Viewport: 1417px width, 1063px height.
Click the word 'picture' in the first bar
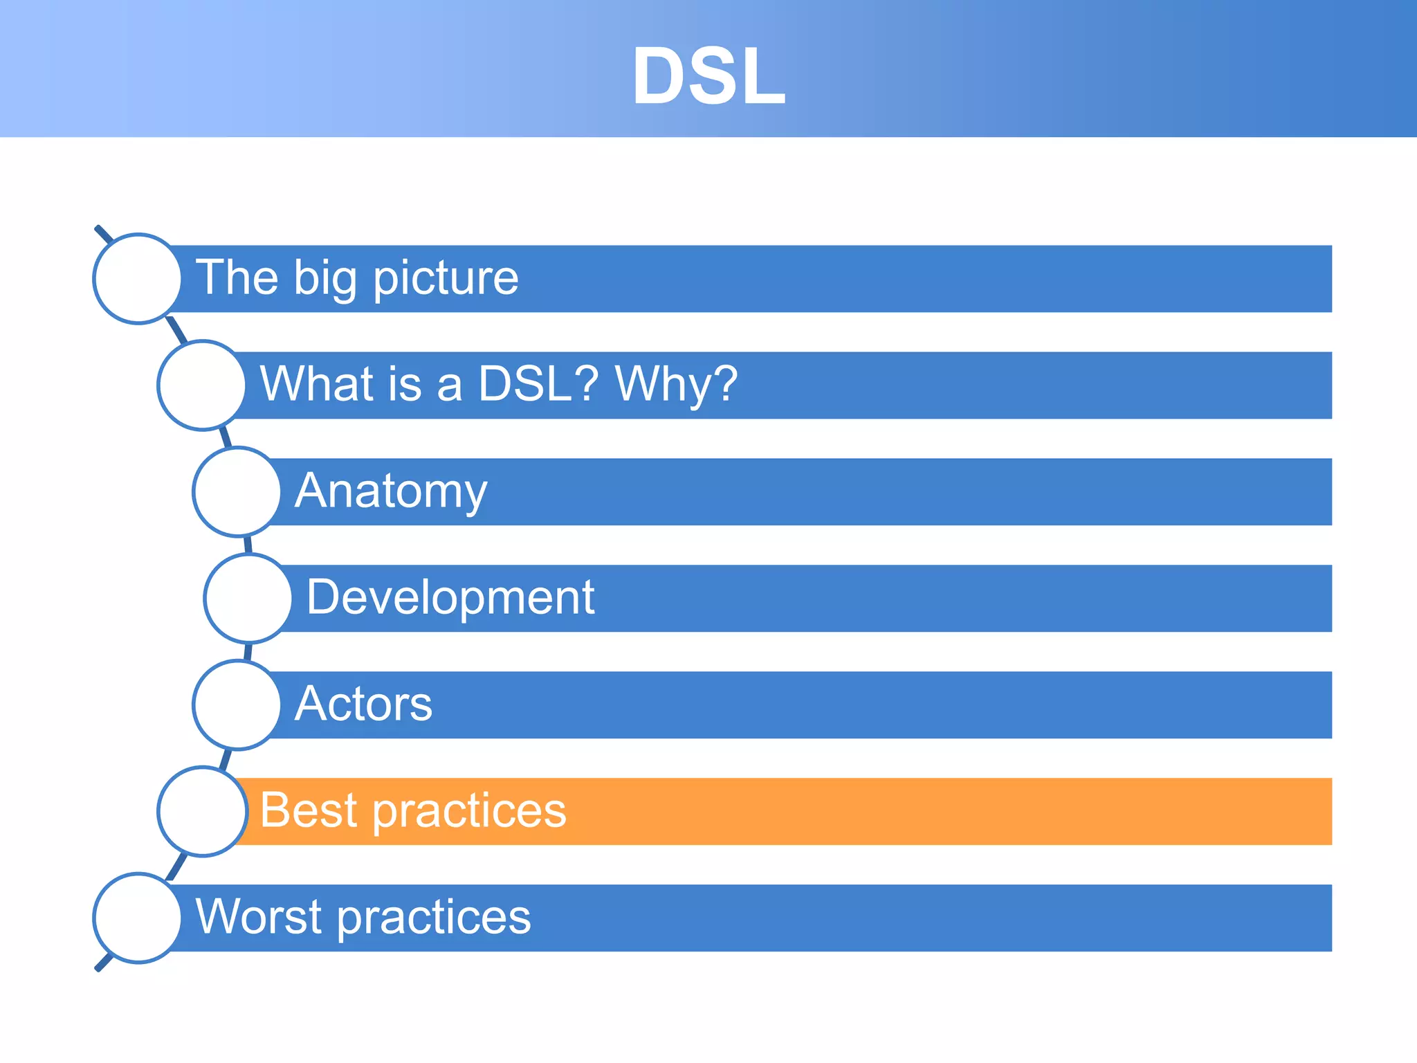coord(446,279)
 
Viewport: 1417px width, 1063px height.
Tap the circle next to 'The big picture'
coord(138,278)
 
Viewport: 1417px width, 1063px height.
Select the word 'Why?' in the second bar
coord(676,385)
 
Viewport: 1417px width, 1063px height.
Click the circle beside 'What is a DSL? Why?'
coord(201,385)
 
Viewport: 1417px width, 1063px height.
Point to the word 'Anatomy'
coord(391,491)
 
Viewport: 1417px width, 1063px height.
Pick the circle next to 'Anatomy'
coord(237,491)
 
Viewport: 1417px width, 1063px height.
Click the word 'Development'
coord(450,597)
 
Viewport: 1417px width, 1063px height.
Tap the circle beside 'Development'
coord(248,598)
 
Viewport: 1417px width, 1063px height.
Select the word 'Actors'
coord(363,704)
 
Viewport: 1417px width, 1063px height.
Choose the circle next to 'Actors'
coord(237,705)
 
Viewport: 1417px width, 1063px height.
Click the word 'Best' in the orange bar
coord(308,810)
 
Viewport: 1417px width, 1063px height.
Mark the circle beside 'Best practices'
coord(201,811)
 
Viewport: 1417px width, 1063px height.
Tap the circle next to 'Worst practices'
coord(138,918)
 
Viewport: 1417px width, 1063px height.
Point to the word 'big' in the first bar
coord(325,279)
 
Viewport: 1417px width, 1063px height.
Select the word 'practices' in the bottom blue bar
coord(434,918)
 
